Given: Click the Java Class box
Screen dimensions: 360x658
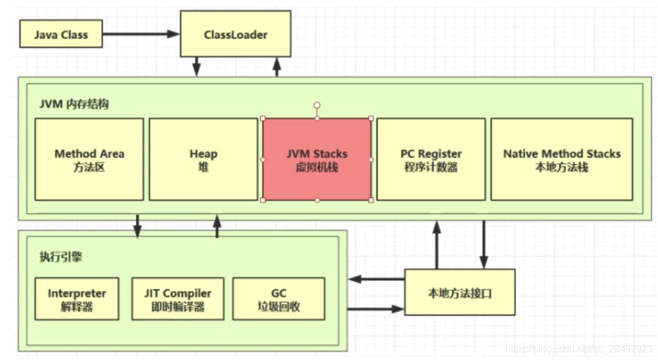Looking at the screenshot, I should [x=61, y=34].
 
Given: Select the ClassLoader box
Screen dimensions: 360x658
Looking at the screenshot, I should [x=236, y=34].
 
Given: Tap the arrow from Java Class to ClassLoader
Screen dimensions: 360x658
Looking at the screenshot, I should [x=141, y=34].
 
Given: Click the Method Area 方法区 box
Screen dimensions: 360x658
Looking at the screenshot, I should [x=89, y=159].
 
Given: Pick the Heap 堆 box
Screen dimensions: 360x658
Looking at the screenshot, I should [x=203, y=159].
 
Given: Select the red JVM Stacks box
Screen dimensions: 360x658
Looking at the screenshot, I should [x=317, y=159].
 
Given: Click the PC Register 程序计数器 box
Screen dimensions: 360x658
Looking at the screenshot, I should [x=431, y=159].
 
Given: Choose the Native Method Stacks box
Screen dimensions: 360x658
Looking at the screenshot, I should [x=561, y=159].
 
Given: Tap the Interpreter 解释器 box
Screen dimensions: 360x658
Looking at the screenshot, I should [x=77, y=299].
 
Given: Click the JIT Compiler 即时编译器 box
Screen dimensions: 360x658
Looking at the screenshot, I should [x=178, y=299].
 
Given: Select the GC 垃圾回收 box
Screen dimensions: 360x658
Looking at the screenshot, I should [x=278, y=299].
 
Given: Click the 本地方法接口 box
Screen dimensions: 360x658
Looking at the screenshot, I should [x=459, y=293].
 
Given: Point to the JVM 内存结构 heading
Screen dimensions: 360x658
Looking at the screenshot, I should [x=74, y=104].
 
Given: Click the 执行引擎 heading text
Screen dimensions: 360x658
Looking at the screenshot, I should [x=60, y=257].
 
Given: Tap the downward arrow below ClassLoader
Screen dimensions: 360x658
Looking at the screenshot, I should [x=197, y=66].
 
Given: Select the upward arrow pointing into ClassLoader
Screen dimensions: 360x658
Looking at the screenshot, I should [x=277, y=66].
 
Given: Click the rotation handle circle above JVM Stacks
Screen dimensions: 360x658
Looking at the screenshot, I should [x=317, y=105].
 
